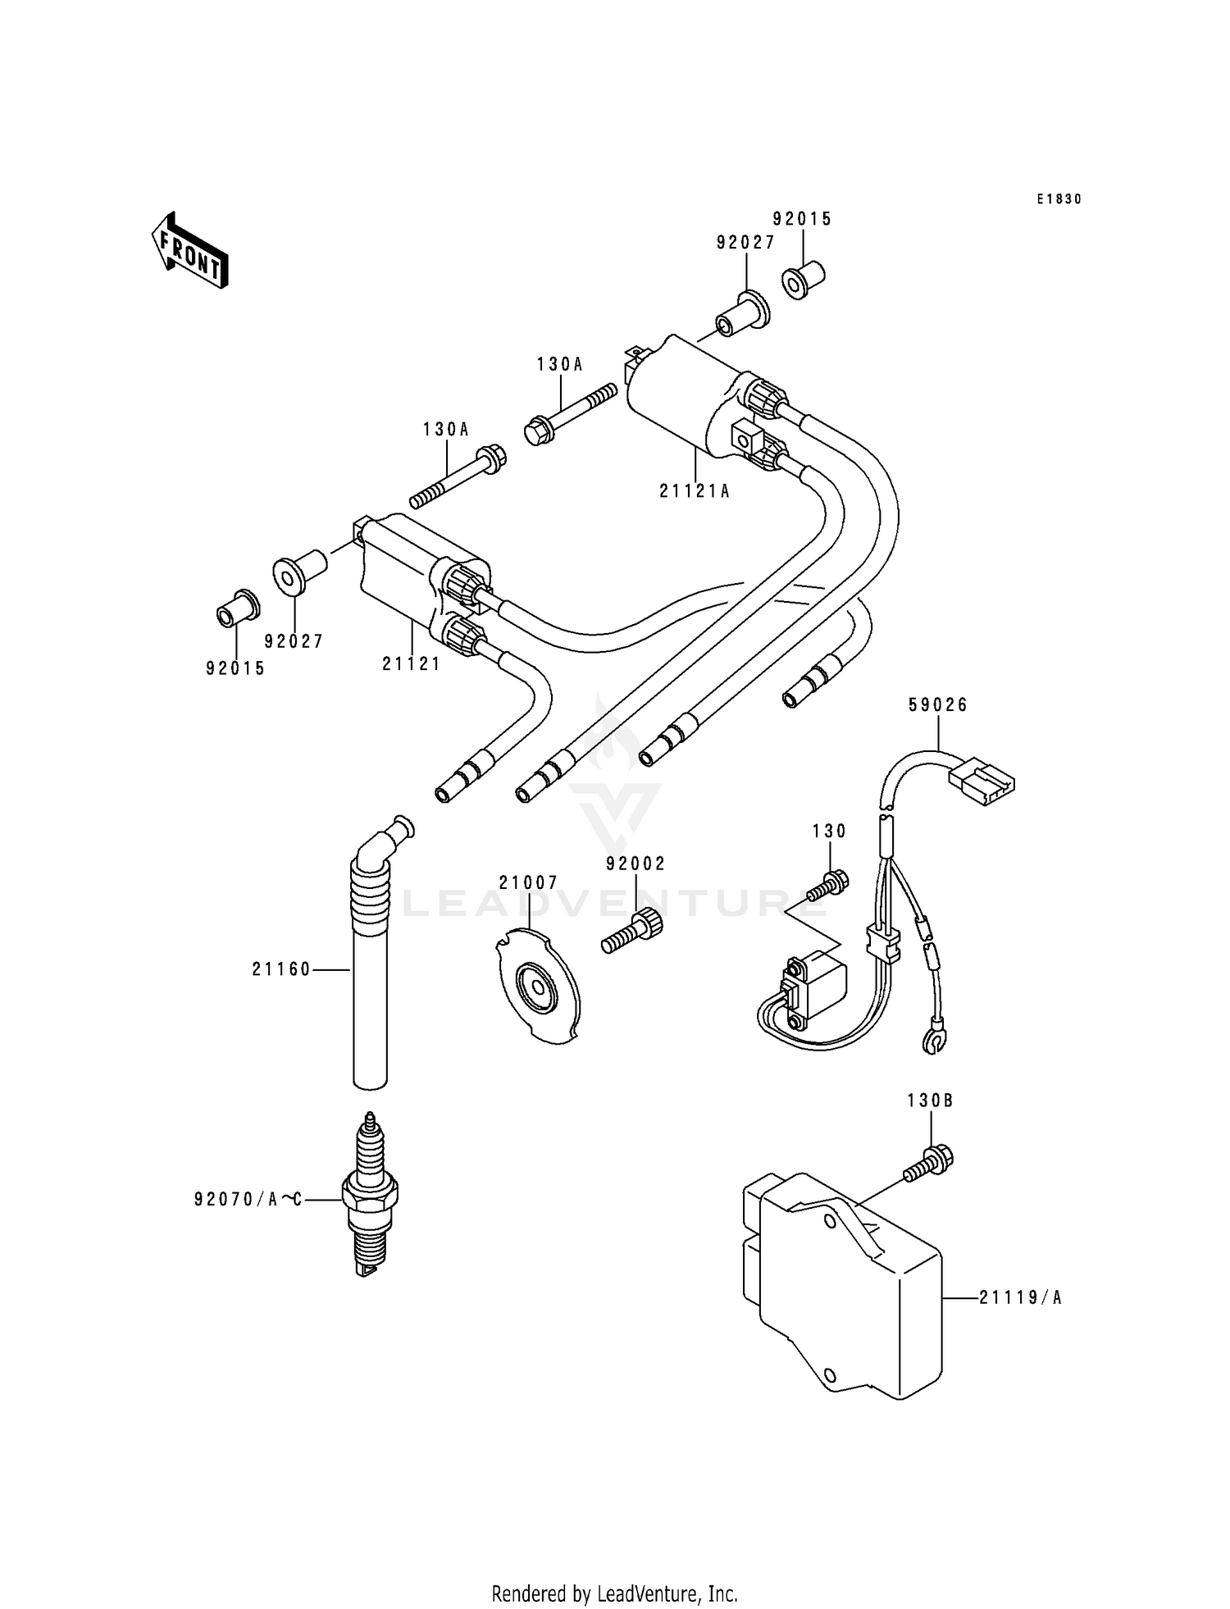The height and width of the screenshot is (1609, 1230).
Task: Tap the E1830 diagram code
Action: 1058,199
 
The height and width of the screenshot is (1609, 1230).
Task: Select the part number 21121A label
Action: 694,491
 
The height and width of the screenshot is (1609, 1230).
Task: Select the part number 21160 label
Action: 281,969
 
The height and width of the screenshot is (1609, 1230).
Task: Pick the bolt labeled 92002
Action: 632,932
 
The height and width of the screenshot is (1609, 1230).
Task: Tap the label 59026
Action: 938,705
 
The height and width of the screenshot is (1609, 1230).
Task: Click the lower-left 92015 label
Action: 235,668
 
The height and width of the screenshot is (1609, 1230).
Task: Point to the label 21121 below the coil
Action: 411,663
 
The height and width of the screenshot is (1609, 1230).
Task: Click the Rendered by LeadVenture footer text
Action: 614,1593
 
